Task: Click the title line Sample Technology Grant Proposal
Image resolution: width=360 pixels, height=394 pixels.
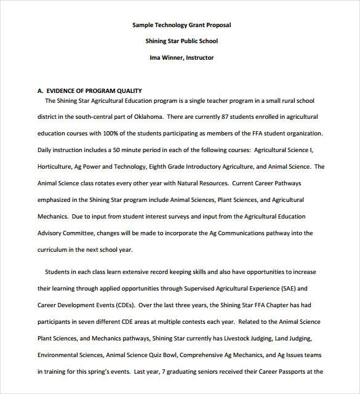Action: coord(182,25)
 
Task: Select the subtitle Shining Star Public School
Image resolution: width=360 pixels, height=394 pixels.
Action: coord(182,41)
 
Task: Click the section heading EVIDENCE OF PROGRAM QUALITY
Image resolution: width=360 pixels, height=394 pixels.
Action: coord(94,90)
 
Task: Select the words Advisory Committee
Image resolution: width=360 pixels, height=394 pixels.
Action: coord(65,233)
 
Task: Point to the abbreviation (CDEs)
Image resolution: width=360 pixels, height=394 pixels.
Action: coord(121,305)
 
